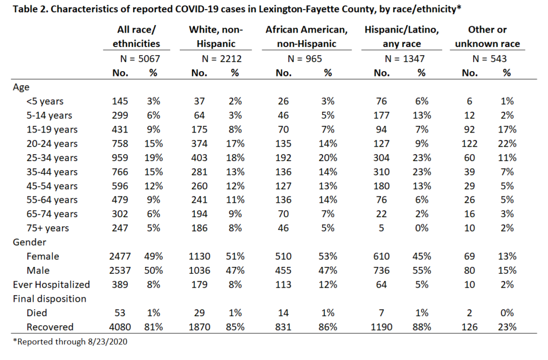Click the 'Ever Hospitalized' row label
(x=51, y=285)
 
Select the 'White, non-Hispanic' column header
(x=216, y=37)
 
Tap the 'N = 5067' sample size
(x=140, y=59)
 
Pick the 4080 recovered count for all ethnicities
(x=120, y=327)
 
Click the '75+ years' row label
(x=48, y=228)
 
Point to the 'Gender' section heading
(x=29, y=242)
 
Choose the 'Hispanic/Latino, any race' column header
(x=402, y=37)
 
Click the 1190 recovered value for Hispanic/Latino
(x=381, y=327)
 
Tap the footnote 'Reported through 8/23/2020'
(x=70, y=341)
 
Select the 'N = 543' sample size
(x=490, y=59)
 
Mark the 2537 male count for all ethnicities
(x=120, y=271)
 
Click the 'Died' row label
(x=37, y=313)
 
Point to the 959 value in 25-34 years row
(x=120, y=158)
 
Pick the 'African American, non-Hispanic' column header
(x=307, y=37)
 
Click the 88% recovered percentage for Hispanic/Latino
(x=422, y=327)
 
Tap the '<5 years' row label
(x=45, y=101)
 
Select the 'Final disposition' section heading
(x=50, y=299)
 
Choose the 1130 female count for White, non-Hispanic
(x=199, y=257)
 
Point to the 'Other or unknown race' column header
(x=488, y=37)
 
